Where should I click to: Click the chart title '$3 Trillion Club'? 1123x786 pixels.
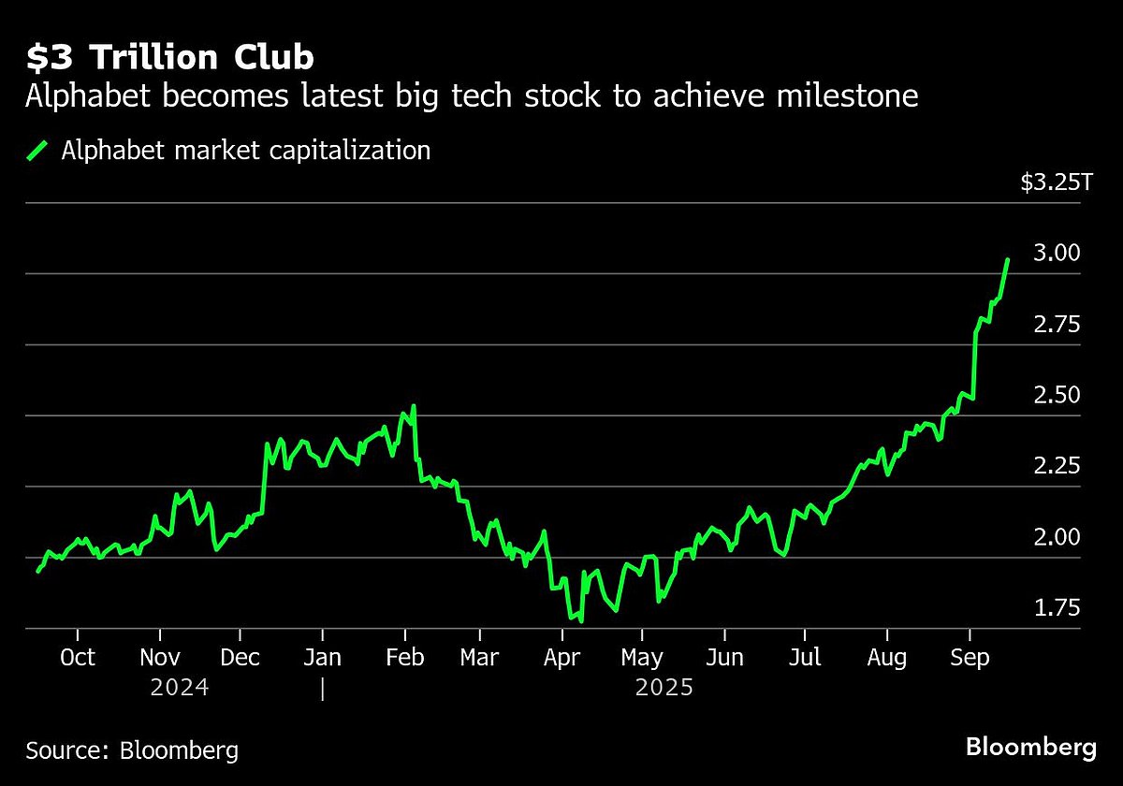169,58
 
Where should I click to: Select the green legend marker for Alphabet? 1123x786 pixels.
38,151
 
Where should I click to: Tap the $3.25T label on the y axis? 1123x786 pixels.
1056,182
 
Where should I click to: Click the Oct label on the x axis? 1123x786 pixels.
77,658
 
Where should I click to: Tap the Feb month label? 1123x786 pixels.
403,658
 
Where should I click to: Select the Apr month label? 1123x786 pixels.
561,658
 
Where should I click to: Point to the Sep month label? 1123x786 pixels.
970,658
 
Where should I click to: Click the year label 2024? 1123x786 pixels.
181,689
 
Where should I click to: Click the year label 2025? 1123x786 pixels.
664,689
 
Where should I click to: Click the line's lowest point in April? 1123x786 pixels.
581,620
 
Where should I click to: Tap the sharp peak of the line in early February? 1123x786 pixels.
413,406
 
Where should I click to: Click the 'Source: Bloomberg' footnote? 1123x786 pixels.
132,750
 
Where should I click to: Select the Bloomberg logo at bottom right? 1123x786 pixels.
1031,748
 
